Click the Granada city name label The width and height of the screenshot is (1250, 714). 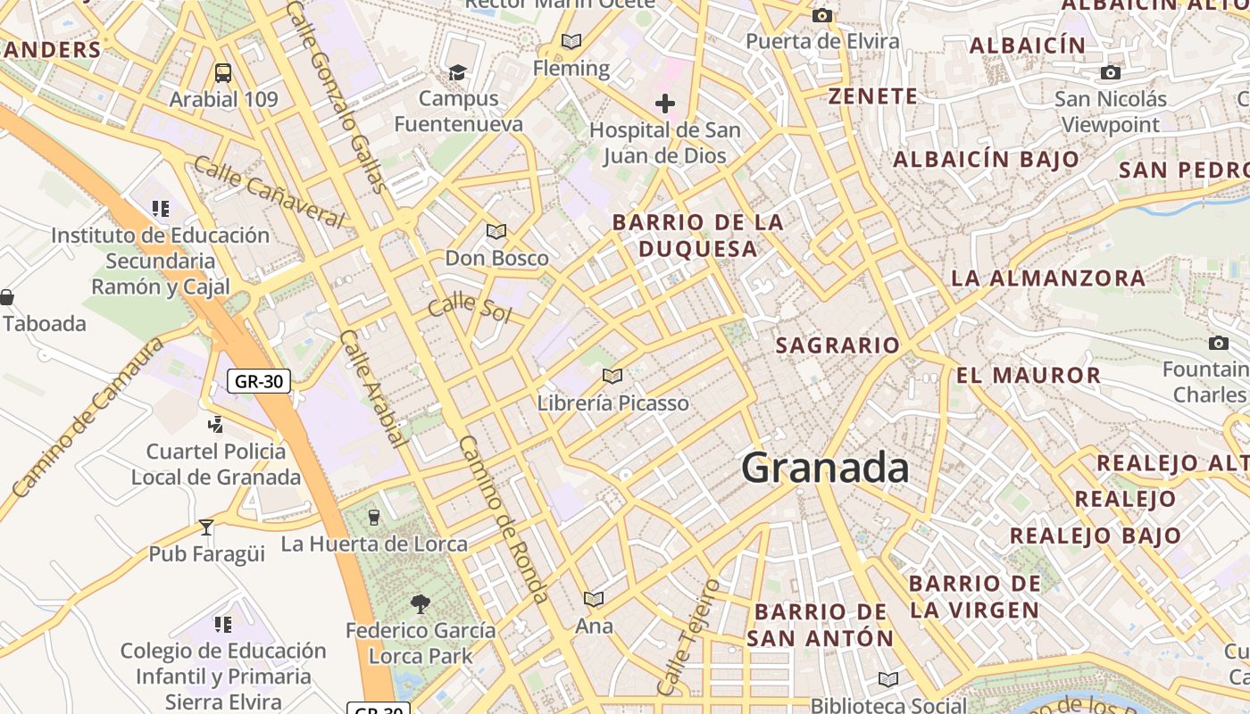click(x=825, y=468)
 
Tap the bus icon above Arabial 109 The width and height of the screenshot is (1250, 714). click(x=223, y=73)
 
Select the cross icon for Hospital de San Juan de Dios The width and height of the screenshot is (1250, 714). click(x=665, y=104)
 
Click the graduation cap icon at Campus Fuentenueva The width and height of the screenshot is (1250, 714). click(x=457, y=72)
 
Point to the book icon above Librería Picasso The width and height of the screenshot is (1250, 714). click(x=612, y=376)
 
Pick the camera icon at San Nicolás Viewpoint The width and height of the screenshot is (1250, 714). click(x=1111, y=72)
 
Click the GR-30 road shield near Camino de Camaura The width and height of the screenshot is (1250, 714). click(x=259, y=381)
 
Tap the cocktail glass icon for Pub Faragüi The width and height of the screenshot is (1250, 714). click(x=206, y=527)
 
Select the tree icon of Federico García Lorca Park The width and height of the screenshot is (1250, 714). click(x=420, y=604)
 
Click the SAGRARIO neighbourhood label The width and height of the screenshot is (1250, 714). click(x=837, y=345)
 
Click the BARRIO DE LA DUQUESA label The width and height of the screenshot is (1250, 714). click(x=698, y=235)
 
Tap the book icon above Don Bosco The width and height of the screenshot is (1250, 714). click(x=496, y=232)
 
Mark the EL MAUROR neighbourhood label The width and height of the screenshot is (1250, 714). click(x=1029, y=375)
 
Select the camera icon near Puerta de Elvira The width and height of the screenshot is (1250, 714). click(x=822, y=15)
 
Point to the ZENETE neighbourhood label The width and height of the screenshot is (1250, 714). click(x=872, y=96)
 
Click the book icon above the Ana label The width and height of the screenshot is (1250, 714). click(x=594, y=599)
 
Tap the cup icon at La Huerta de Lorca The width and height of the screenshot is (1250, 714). click(x=373, y=517)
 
